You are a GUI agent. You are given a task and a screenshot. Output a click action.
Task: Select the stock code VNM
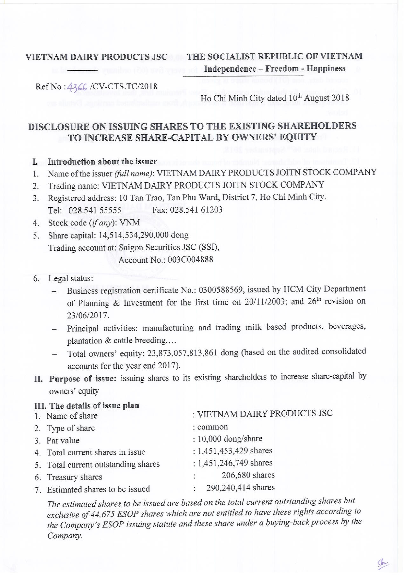(130, 223)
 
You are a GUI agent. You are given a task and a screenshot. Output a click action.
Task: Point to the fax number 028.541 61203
(196, 209)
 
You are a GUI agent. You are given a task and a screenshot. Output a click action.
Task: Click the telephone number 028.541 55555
(95, 210)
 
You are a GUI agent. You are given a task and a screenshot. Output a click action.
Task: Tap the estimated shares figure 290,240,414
(228, 487)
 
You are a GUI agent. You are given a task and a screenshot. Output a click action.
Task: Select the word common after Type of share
(212, 427)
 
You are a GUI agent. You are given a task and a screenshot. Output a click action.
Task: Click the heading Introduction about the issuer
(102, 162)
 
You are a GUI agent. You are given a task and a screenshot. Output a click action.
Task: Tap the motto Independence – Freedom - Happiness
(275, 68)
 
